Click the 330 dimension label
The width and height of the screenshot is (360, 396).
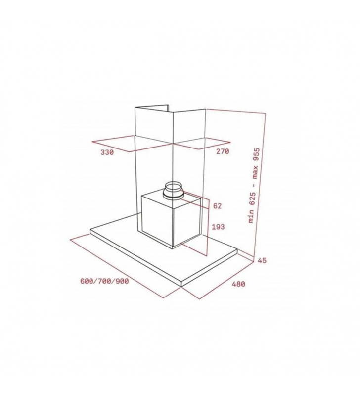107,152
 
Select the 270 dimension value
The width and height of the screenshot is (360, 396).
223,151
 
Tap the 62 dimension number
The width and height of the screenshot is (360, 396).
218,206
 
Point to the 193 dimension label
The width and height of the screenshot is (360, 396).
218,227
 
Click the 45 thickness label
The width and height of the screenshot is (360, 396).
262,260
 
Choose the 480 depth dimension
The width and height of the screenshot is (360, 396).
238,284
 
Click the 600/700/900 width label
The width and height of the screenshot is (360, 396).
104,281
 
